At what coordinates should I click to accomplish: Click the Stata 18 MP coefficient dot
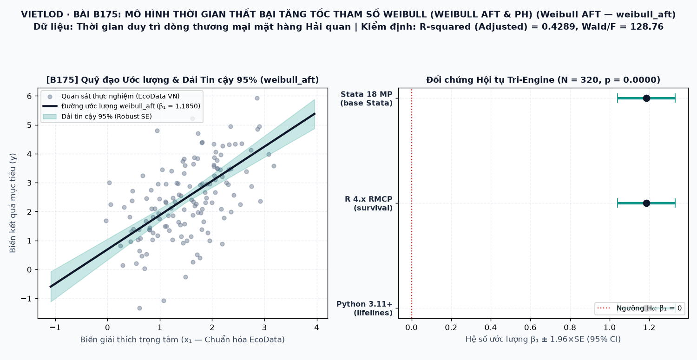646,98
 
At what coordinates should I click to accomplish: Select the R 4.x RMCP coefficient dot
646,203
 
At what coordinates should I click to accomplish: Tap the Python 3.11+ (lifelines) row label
364,308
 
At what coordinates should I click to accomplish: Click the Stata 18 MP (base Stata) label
366,98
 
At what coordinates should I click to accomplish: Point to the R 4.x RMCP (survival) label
368,203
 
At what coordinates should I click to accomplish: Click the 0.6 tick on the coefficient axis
531,327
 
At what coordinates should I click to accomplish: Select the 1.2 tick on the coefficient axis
650,327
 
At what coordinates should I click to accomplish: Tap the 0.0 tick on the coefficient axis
412,327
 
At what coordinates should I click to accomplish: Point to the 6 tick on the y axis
29,97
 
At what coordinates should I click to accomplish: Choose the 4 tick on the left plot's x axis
316,327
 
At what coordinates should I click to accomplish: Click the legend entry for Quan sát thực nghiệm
112,97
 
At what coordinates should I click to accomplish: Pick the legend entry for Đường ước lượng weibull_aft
122,106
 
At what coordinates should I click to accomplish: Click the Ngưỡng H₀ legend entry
640,308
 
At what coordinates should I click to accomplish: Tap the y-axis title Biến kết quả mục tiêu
13,203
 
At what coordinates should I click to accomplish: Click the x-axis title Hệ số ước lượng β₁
543,339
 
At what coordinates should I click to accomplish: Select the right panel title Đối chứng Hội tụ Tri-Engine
543,80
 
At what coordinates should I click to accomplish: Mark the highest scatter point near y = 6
257,98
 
